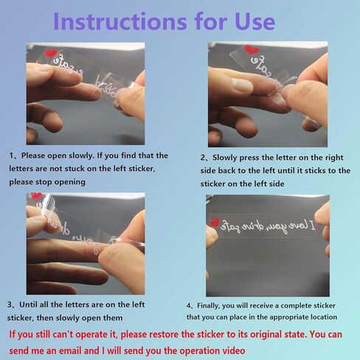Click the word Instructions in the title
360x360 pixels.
click(x=120, y=21)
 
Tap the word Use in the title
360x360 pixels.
click(x=255, y=21)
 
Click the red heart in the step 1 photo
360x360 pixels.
click(x=51, y=53)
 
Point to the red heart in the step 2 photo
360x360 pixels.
click(x=252, y=49)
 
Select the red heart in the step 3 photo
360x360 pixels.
click(x=37, y=196)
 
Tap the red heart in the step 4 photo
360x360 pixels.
click(x=214, y=222)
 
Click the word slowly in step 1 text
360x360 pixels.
click(x=82, y=156)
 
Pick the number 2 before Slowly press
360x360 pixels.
click(x=203, y=158)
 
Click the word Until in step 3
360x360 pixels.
click(x=28, y=305)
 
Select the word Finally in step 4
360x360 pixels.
click(x=209, y=305)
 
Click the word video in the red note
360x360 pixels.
click(x=235, y=350)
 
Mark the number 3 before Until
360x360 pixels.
click(x=10, y=305)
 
